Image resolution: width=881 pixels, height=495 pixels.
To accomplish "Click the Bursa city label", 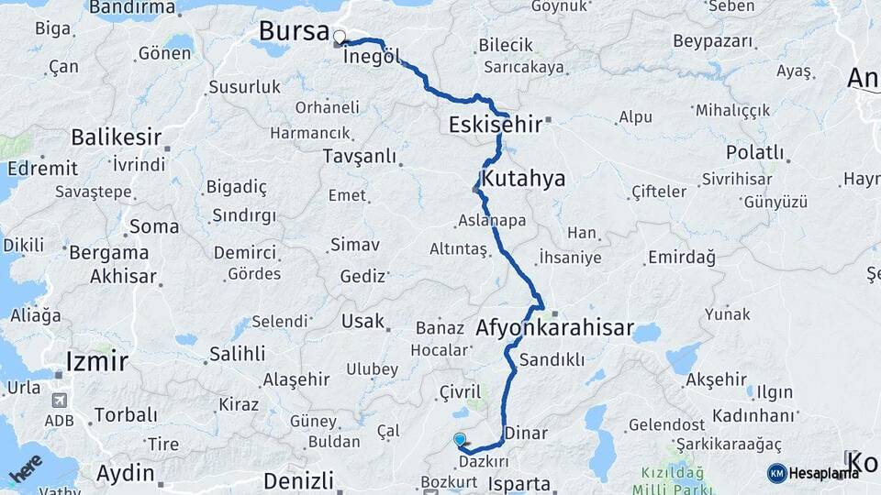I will pyautogui.click(x=294, y=31).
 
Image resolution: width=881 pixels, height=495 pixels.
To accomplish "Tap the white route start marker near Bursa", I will pyautogui.click(x=340, y=38).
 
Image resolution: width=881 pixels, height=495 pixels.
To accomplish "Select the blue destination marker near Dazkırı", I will pyautogui.click(x=460, y=441).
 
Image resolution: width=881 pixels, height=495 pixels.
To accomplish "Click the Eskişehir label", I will pyautogui.click(x=495, y=125).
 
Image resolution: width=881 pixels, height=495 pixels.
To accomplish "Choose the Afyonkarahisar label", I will pyautogui.click(x=555, y=327).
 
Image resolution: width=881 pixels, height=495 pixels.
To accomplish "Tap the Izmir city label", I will pyautogui.click(x=96, y=361).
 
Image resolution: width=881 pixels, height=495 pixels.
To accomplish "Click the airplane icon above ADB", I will pyautogui.click(x=60, y=401).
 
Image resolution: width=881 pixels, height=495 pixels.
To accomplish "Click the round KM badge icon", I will pyautogui.click(x=776, y=473).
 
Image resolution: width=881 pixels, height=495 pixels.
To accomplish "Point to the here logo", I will pyautogui.click(x=25, y=469).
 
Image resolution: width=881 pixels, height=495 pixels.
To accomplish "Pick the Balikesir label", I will pyautogui.click(x=117, y=138).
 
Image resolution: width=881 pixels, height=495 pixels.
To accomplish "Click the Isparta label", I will pyautogui.click(x=519, y=484).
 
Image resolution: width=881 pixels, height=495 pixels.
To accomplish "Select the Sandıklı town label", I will pyautogui.click(x=552, y=360).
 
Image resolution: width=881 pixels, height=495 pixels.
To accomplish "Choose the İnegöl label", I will pyautogui.click(x=373, y=57).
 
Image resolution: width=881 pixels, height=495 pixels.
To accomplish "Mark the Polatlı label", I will pyautogui.click(x=755, y=152).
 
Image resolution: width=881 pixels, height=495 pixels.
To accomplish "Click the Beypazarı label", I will pyautogui.click(x=713, y=41).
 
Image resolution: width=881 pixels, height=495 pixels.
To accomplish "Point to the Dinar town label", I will pyautogui.click(x=527, y=434).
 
